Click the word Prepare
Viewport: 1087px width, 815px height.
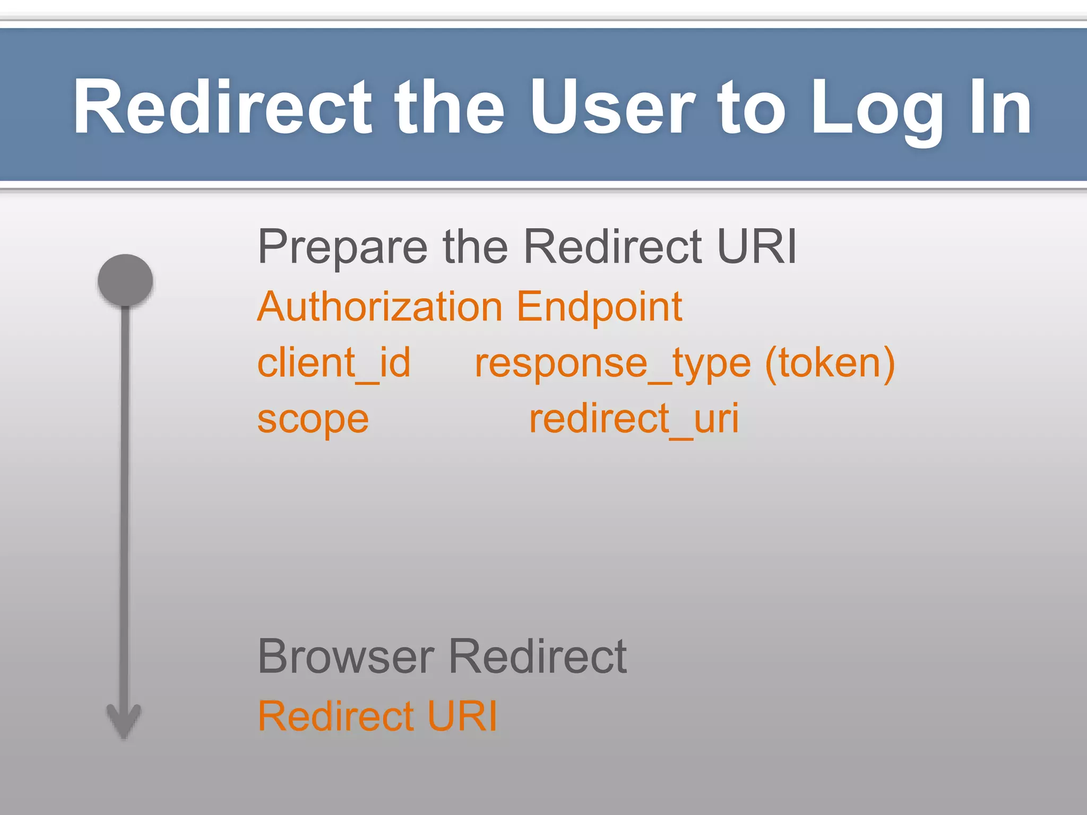coord(342,247)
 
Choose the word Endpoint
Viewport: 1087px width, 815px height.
coord(599,308)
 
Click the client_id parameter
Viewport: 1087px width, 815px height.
coord(334,363)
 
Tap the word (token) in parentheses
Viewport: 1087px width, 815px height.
coord(830,363)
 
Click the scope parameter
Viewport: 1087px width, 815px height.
coord(313,419)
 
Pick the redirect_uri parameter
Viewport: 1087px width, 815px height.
coord(634,419)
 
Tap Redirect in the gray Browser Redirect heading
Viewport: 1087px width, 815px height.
coord(538,657)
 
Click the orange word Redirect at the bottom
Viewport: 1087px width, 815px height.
coord(335,716)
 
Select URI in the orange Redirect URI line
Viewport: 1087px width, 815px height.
coord(462,716)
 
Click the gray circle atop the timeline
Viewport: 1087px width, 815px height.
coord(125,280)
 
